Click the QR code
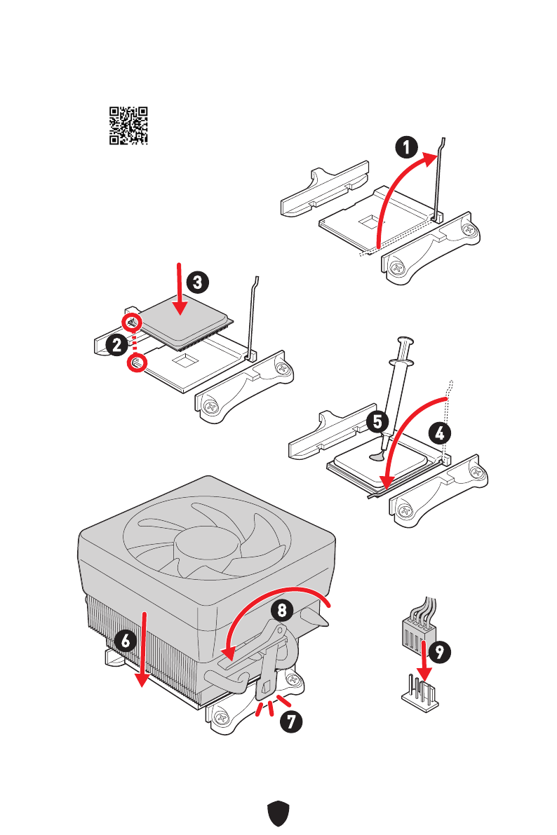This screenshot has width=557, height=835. point(128,125)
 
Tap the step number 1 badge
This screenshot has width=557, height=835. point(406,148)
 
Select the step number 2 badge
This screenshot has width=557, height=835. point(117,344)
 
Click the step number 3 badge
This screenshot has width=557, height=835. point(198,283)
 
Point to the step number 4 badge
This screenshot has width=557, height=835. point(439,433)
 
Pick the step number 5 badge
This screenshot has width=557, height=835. point(377,422)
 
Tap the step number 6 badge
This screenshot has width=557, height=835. point(126,640)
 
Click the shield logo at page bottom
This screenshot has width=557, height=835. point(278,814)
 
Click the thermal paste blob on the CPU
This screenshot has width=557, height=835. point(377,456)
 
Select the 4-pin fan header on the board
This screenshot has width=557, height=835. point(418,694)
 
